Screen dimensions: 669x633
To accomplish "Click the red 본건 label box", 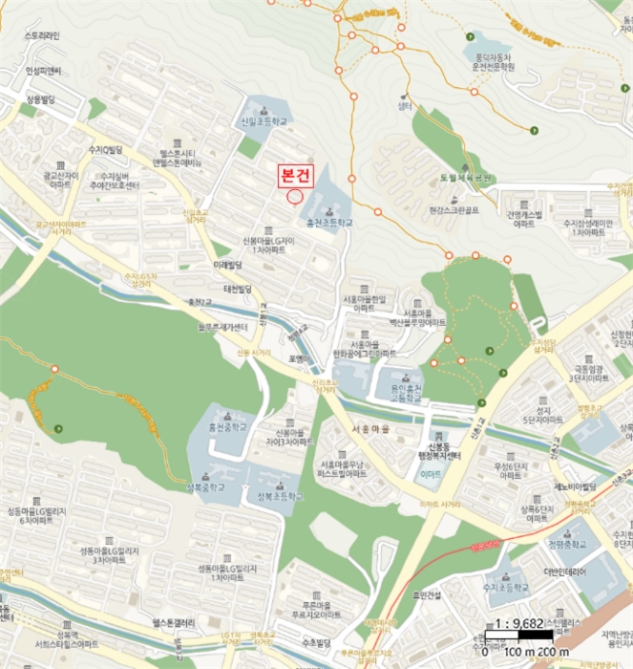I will (293, 176).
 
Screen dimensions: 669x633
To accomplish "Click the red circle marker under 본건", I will (294, 196).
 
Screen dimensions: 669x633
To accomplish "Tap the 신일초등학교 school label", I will (264, 122).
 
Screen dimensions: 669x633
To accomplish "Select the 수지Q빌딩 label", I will (105, 150).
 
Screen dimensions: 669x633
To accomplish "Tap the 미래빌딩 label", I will (230, 264).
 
